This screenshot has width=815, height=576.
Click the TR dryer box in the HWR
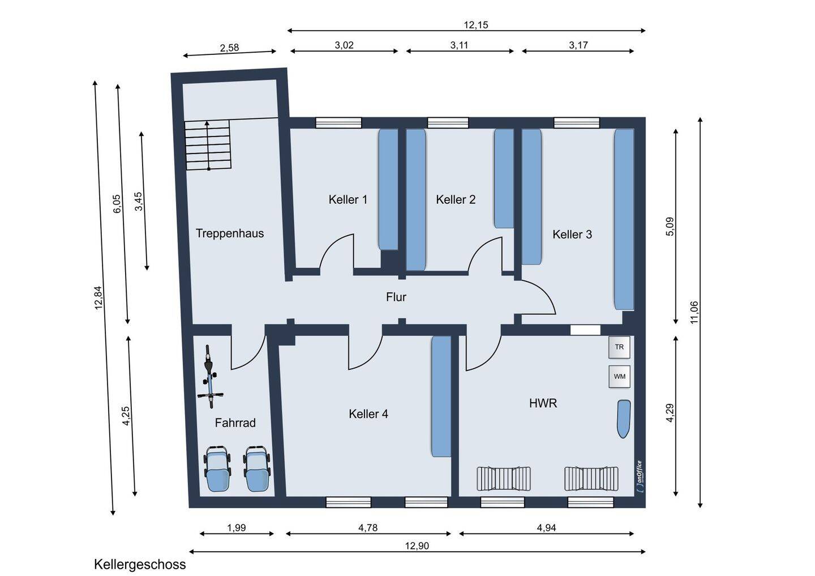(619, 347)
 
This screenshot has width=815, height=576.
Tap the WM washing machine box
(619, 377)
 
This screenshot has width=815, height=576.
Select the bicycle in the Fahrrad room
(210, 377)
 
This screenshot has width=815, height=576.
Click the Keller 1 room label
(348, 199)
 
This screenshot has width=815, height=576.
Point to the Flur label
(396, 297)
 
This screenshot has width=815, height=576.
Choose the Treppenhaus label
(230, 233)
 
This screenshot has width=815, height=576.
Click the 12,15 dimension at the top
(475, 25)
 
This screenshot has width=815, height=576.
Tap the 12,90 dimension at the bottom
(417, 546)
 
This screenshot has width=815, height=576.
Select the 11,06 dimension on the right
(694, 313)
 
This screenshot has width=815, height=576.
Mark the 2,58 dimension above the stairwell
(229, 48)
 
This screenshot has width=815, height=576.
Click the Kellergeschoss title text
(140, 565)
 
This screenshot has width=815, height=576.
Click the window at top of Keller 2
(448, 123)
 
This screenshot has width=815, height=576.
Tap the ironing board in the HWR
(624, 419)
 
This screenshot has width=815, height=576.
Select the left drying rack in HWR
(504, 479)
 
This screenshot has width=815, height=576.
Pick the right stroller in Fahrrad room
(257, 470)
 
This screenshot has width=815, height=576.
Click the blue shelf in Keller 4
(441, 396)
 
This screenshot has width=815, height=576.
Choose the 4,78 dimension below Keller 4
(368, 528)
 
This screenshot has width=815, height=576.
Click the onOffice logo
(640, 477)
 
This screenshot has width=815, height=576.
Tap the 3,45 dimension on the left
(139, 202)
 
